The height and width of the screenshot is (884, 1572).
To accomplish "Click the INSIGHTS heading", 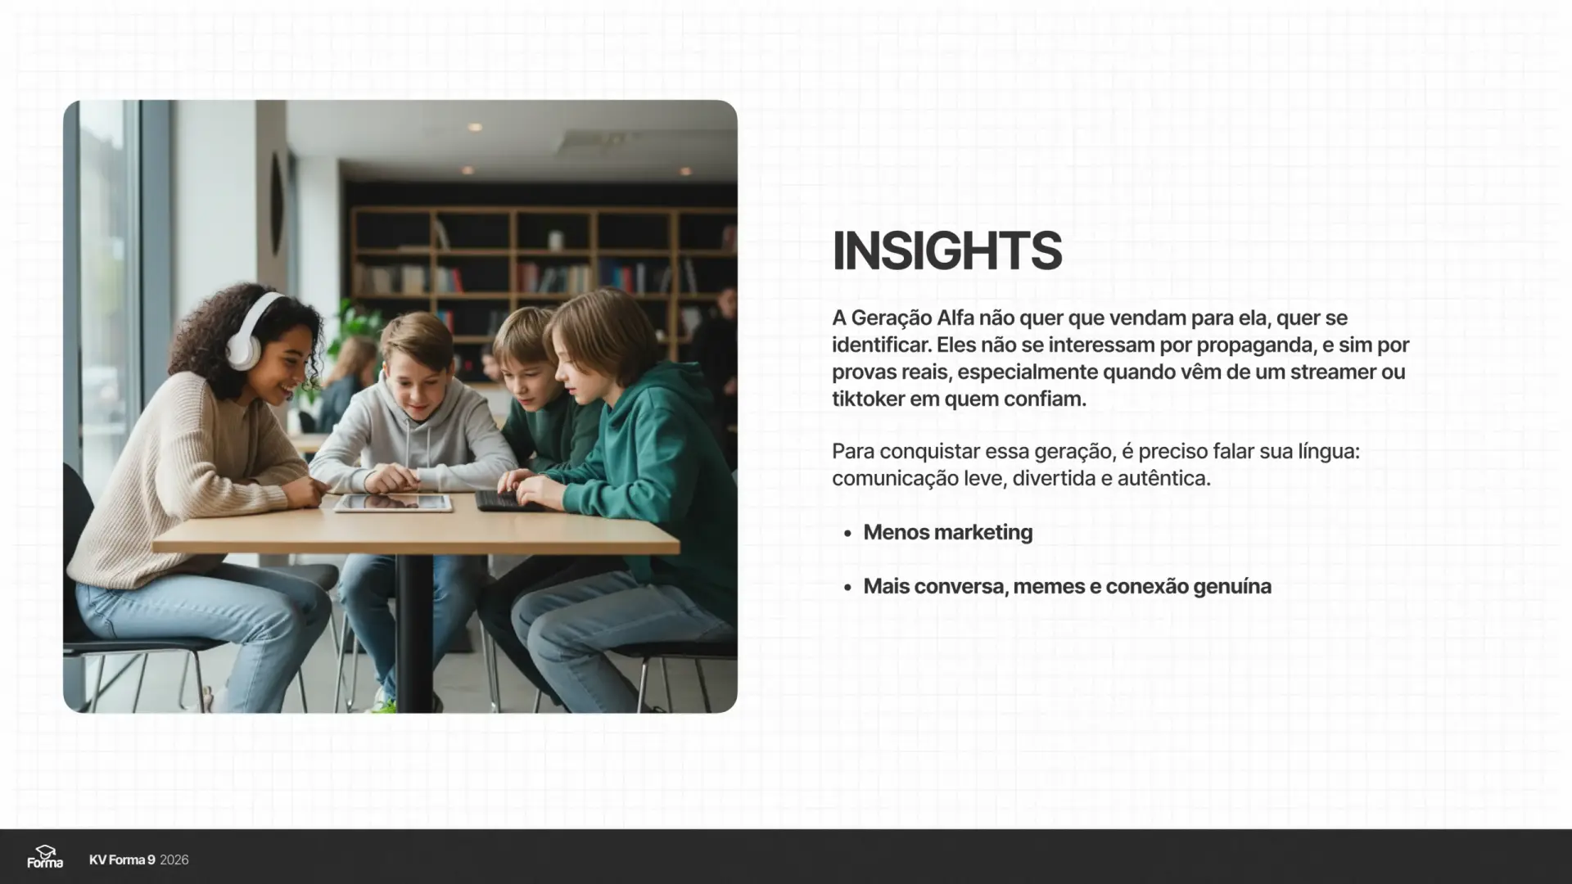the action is [x=946, y=250].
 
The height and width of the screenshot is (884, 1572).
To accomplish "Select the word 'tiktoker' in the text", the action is [x=868, y=399].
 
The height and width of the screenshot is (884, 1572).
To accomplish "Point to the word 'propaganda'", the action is [x=1263, y=345].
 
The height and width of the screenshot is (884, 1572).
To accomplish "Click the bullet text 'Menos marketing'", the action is [x=947, y=532].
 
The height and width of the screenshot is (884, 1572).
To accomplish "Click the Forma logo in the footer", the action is [x=45, y=857].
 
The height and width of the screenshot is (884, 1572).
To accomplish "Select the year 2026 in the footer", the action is [x=174, y=859].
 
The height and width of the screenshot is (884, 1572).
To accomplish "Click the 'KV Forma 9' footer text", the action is [x=122, y=859].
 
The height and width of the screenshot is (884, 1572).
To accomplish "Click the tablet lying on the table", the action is [x=393, y=503].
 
